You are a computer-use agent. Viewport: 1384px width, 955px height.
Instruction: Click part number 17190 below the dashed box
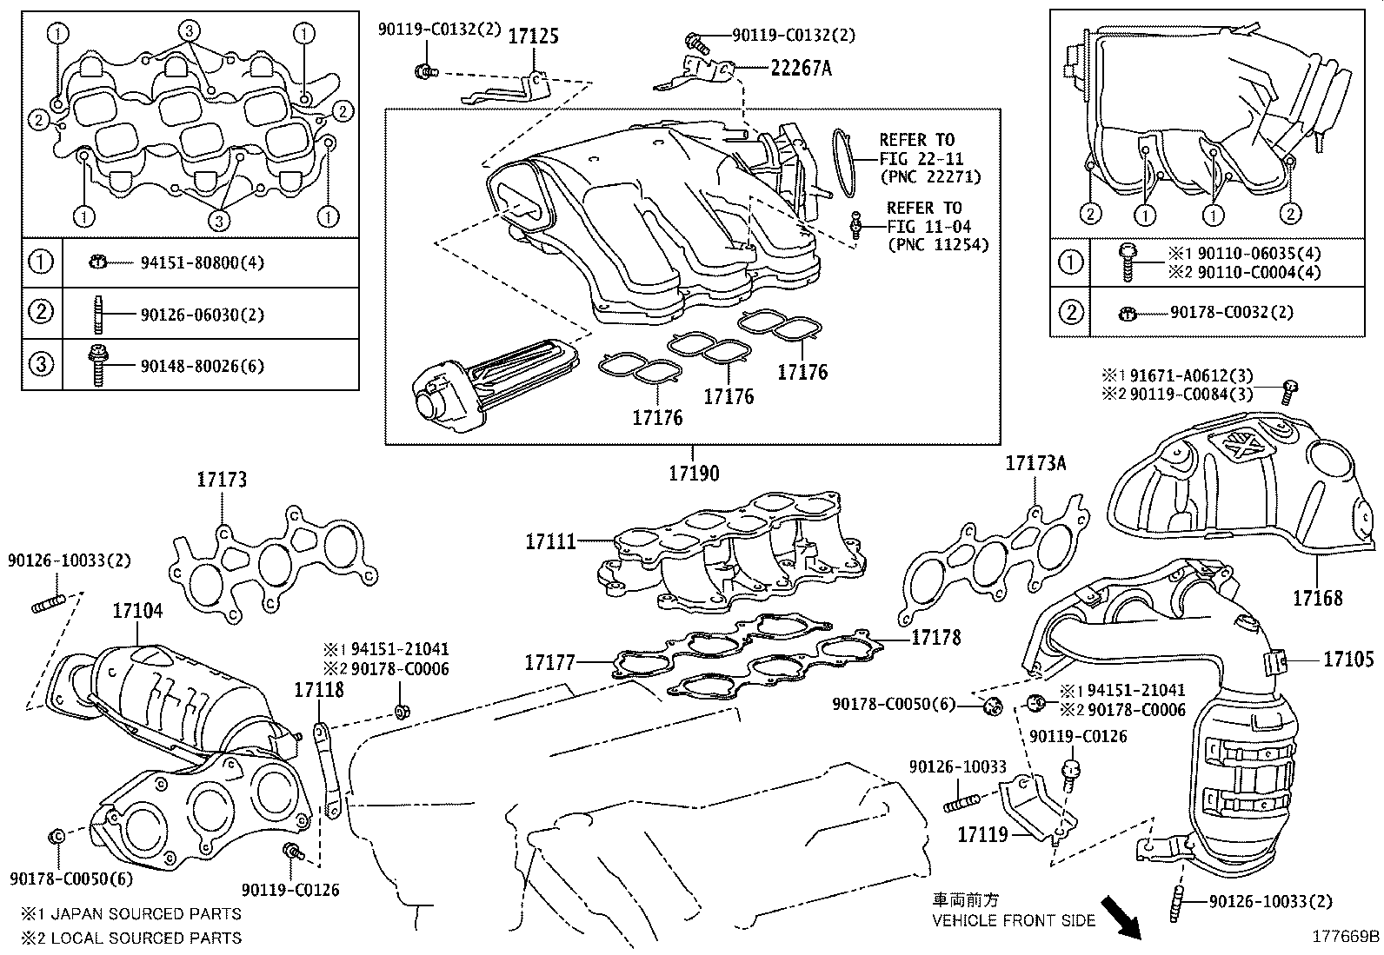pos(693,474)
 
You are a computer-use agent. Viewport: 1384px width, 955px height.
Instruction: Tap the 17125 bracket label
pos(532,36)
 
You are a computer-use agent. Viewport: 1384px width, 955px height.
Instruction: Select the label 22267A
pos(800,68)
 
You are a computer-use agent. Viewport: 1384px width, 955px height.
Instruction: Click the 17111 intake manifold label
pos(550,541)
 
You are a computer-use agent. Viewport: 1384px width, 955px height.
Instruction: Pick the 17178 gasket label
pos(935,638)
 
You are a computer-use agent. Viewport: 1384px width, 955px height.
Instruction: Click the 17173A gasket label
pos(1035,463)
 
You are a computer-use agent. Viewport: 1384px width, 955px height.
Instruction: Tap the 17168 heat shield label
pos(1316,598)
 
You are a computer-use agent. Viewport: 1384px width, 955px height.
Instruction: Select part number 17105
pos(1348,660)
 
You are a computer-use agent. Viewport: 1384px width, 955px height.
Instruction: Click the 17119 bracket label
pos(982,835)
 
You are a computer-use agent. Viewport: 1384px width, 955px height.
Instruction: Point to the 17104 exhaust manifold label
pos(136,611)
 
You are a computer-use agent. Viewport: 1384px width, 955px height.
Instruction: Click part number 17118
pos(318,690)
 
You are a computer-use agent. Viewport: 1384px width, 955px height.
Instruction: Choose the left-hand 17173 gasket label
pos(221,479)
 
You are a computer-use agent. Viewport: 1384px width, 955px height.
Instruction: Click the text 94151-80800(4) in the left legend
pos(201,262)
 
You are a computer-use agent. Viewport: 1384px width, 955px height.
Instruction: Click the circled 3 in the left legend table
pos(42,364)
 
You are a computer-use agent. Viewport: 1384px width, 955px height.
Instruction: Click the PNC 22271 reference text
pos(929,177)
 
